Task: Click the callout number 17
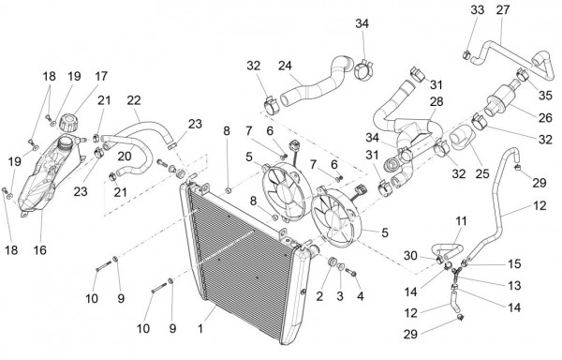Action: (x=101, y=76)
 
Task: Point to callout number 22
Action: (x=134, y=100)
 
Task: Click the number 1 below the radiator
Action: (x=200, y=328)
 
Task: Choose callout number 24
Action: (x=285, y=66)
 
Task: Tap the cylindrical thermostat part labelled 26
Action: (x=501, y=97)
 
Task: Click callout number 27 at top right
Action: (x=503, y=9)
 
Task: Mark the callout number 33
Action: (x=478, y=9)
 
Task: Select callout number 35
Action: (x=545, y=96)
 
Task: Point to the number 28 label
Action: (x=436, y=101)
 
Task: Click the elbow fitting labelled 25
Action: (x=463, y=139)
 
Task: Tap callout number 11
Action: (x=461, y=221)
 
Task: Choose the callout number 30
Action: (x=410, y=256)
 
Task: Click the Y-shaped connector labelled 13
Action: (x=455, y=274)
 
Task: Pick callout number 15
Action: (x=514, y=263)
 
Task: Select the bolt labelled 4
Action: (x=351, y=273)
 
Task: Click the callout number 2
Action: (x=319, y=296)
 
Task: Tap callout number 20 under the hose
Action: (x=125, y=156)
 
